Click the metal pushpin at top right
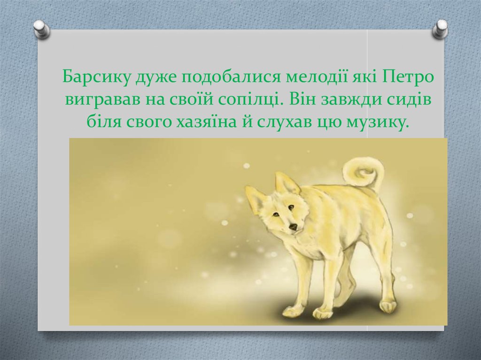click(440, 29)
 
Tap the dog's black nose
click(293, 227)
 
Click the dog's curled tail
click(363, 173)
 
